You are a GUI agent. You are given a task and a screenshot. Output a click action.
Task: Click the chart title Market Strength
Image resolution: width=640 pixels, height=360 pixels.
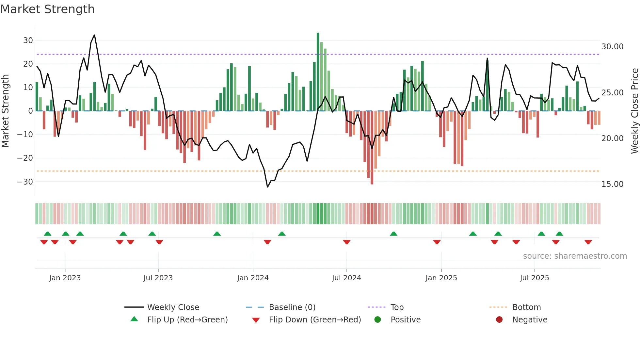47,9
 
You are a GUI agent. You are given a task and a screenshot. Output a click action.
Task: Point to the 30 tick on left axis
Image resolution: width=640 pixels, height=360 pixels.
28,41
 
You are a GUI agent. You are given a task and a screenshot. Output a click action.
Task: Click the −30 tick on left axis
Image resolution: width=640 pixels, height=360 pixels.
25,182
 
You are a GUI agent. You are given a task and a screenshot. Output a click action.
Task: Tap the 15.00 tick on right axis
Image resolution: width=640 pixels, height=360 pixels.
612,184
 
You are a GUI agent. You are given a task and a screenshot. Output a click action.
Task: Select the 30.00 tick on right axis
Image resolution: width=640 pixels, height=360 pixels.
612,47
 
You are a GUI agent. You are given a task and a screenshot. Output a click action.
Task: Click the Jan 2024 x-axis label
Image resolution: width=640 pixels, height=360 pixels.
253,278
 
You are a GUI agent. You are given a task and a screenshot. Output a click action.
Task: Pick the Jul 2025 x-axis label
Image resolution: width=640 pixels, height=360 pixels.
534,278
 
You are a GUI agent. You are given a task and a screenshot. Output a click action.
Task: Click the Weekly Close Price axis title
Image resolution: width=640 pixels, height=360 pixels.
634,111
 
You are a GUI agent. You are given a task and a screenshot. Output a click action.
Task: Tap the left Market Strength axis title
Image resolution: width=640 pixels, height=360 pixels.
6,111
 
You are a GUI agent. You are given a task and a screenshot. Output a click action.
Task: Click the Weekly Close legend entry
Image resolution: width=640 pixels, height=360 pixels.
173,307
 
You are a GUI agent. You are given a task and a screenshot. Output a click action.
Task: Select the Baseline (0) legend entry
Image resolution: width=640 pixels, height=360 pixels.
292,307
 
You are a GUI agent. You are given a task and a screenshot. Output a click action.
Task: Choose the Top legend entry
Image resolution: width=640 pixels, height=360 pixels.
397,307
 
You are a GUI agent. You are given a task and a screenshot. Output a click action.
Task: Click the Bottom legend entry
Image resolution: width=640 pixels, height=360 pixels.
526,307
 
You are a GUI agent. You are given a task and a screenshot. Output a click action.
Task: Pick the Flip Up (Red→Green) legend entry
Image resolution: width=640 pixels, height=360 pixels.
187,320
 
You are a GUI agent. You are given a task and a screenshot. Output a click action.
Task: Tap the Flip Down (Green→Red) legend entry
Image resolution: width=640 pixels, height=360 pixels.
315,320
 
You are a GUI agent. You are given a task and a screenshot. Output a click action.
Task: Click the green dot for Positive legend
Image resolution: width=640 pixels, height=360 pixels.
378,320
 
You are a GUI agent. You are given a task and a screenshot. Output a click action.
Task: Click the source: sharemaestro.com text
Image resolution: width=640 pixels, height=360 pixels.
575,256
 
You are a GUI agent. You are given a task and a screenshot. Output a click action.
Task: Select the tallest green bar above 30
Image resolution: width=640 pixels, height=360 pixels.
318,72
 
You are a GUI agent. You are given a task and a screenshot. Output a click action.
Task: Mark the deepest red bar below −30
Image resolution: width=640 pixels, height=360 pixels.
372,148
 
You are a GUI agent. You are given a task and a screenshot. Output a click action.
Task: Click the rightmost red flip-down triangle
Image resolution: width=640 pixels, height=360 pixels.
588,242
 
